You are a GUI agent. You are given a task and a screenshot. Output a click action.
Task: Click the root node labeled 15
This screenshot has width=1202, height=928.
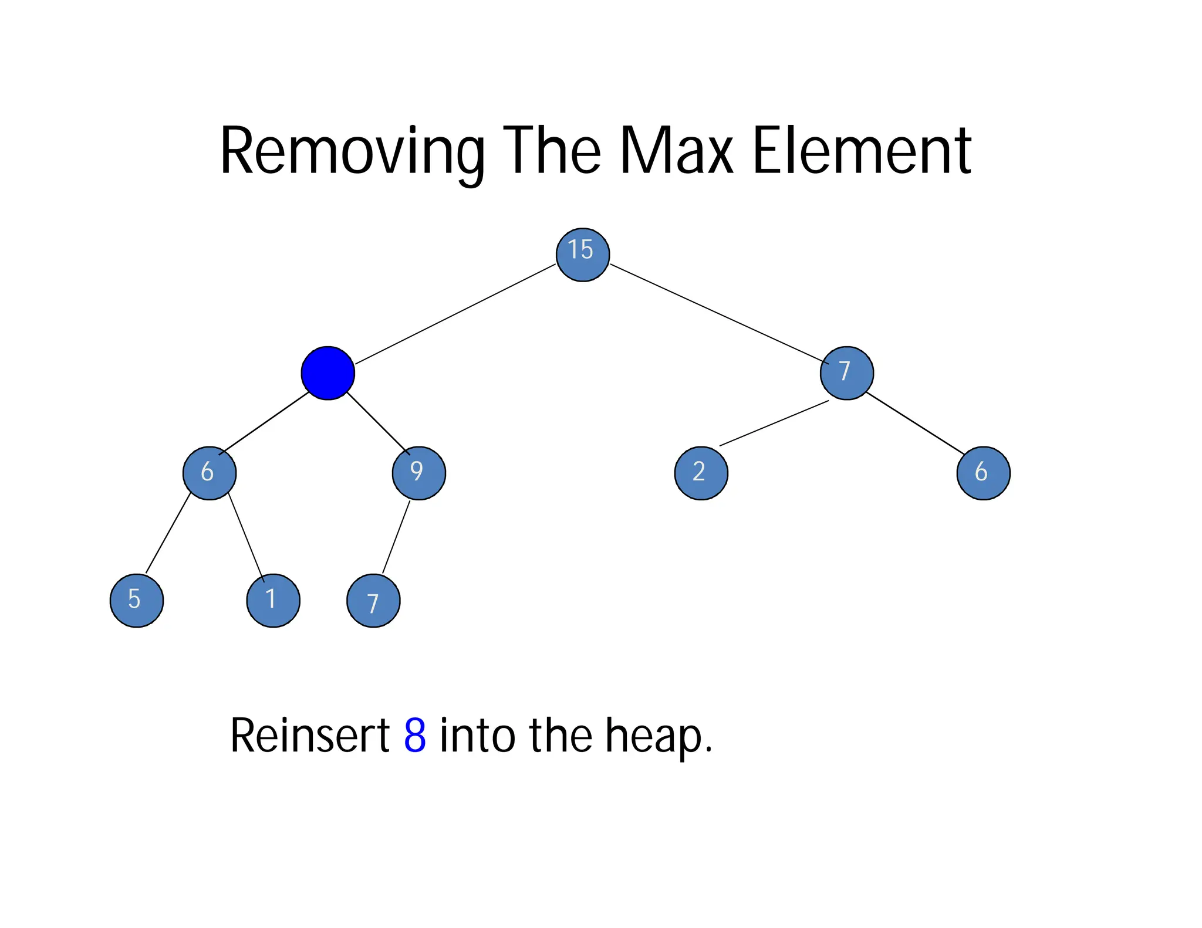point(582,255)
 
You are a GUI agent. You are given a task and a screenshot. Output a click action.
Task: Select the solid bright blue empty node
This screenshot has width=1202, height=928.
point(327,373)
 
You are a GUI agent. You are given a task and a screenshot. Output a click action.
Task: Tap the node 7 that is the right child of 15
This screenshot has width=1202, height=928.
point(846,373)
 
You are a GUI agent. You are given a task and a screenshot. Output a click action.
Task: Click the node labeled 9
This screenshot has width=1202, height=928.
point(418,473)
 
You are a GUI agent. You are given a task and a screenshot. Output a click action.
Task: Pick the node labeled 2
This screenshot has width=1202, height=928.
point(701,473)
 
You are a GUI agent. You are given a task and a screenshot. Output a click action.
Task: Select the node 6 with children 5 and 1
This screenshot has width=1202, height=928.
point(210,473)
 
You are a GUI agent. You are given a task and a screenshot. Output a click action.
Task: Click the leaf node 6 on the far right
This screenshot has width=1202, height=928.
point(983,473)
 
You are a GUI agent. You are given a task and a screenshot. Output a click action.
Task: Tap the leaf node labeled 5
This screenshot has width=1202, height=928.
point(137,601)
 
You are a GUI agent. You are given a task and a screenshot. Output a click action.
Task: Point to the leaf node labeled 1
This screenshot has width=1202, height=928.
point(273,601)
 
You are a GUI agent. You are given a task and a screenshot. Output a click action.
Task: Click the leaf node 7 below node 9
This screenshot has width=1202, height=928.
point(373,601)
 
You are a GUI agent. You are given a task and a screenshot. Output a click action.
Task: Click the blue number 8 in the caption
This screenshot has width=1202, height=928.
point(415,736)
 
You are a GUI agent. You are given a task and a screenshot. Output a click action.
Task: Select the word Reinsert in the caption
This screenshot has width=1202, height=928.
point(310,736)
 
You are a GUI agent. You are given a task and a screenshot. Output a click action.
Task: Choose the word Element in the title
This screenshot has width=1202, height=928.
point(861,151)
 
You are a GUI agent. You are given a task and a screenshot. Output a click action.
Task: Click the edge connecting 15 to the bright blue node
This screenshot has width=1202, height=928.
point(455,314)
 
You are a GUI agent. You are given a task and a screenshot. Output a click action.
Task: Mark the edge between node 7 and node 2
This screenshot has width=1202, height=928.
point(774,424)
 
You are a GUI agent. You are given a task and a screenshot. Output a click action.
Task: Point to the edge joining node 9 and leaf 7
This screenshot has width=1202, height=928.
point(396,537)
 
